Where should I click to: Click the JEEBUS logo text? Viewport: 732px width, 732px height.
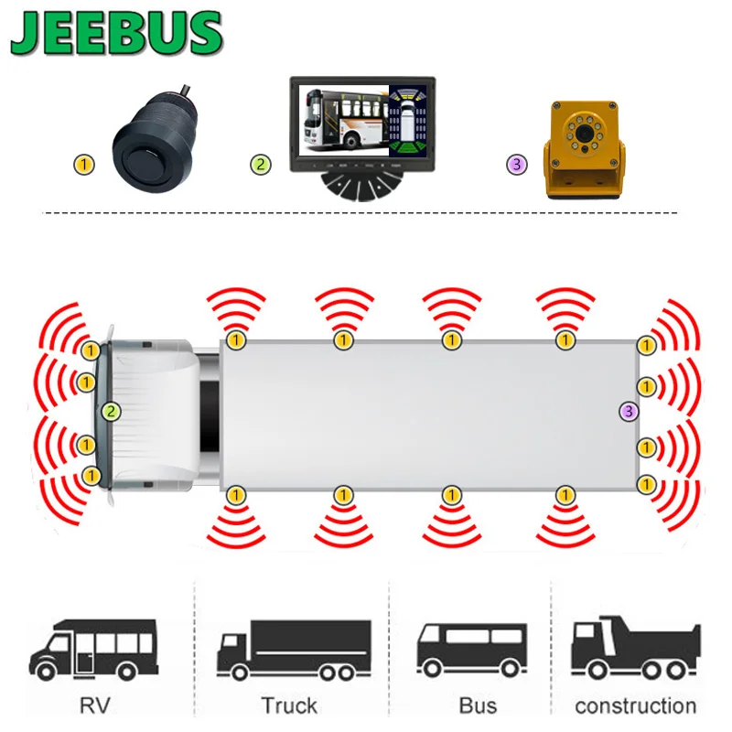[117, 35]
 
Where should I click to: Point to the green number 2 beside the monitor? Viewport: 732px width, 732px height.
[262, 165]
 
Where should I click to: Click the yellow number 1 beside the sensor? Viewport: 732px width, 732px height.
[83, 165]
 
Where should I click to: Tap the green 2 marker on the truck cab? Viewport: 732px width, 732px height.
[112, 411]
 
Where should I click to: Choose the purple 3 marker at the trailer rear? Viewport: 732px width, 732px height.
[628, 411]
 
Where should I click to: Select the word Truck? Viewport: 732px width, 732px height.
[289, 705]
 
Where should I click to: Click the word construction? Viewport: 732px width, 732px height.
[635, 705]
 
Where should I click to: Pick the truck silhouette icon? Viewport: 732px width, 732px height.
[294, 648]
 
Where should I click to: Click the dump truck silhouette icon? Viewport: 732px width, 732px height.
[635, 646]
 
